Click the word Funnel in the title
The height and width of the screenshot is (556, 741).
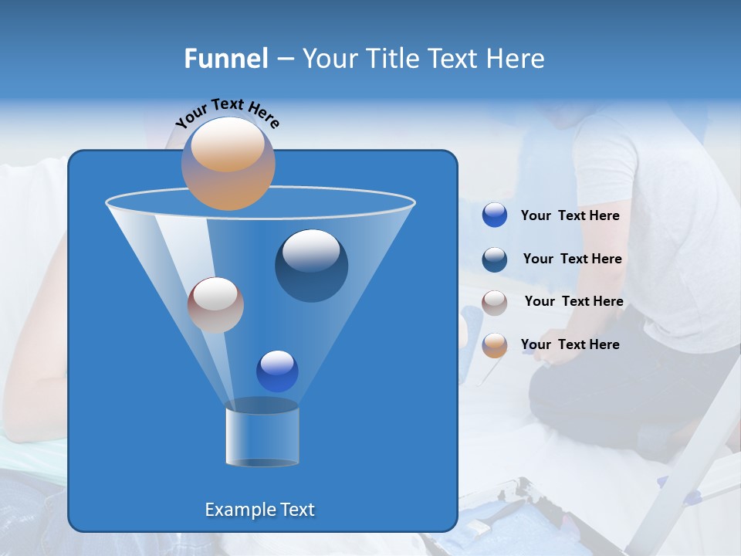(x=226, y=59)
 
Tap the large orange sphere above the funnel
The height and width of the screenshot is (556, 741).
(x=228, y=163)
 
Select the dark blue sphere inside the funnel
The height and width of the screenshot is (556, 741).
(x=311, y=265)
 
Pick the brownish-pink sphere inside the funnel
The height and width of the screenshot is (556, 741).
(x=215, y=304)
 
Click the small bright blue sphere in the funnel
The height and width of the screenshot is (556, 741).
(x=277, y=371)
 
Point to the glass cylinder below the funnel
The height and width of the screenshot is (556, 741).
(x=262, y=437)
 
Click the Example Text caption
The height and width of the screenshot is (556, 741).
(x=259, y=510)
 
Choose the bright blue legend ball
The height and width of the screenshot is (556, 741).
(x=495, y=215)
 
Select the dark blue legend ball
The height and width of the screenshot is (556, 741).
(x=495, y=259)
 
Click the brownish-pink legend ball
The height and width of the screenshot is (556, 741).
(x=495, y=302)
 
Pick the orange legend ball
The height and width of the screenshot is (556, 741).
(x=495, y=344)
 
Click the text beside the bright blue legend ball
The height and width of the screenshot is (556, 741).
(x=570, y=216)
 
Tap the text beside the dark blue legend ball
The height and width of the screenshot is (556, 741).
(x=572, y=259)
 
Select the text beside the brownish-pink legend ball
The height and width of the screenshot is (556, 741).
(x=574, y=301)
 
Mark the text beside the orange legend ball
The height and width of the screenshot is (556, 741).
(x=570, y=344)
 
